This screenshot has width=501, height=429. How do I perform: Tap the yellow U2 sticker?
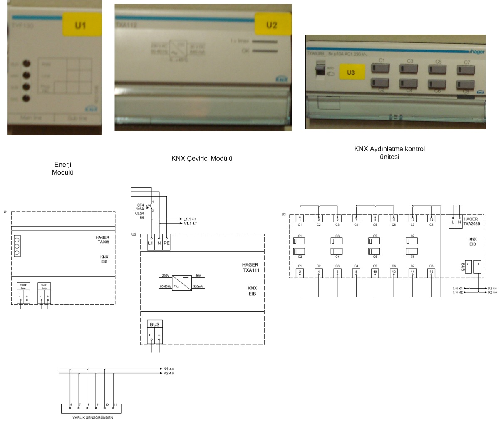coord(271,25)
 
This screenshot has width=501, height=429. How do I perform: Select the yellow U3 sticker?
coord(351,72)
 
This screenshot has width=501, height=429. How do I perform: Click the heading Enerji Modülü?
coord(63,168)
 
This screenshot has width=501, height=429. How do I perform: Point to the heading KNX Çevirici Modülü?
coord(202,158)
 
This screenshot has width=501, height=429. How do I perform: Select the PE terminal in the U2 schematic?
coord(166,242)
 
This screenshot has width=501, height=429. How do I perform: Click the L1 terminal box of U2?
coord(151,242)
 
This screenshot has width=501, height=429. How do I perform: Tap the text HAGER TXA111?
coord(250,267)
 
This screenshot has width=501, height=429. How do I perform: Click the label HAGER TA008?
coord(102,239)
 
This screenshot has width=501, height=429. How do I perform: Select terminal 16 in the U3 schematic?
coord(432,272)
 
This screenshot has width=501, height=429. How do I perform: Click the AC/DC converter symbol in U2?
coord(182,281)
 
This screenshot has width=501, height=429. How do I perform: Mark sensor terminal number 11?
coord(115,405)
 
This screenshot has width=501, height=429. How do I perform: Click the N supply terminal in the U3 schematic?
coord(460,222)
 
